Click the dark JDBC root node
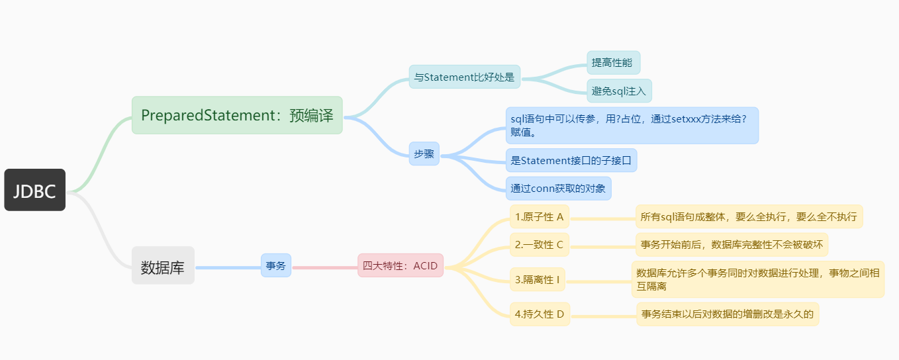[x=34, y=190]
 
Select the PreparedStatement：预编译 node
[x=237, y=115]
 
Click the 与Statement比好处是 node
[x=464, y=77]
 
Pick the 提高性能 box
[x=613, y=63]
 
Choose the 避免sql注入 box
[x=619, y=91]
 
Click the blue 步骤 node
[x=424, y=154]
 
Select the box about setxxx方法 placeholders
[x=632, y=125]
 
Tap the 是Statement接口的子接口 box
[x=571, y=160]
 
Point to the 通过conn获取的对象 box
[x=558, y=189]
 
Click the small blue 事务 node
[x=275, y=265]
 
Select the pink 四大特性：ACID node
[x=400, y=265]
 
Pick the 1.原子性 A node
[x=540, y=216]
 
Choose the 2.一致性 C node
[x=539, y=245]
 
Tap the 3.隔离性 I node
[x=538, y=280]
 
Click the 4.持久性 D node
[x=540, y=314]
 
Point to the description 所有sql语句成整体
[x=749, y=216]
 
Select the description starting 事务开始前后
[x=732, y=245]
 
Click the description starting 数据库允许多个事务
[x=757, y=279]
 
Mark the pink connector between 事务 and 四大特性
[x=324, y=267]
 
